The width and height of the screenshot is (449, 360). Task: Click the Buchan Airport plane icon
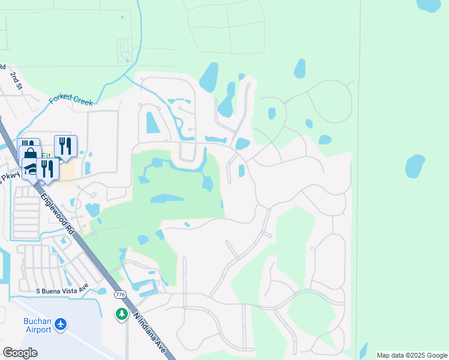(60, 325)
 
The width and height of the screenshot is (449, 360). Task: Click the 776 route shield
(121, 295)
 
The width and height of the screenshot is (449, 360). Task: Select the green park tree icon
(122, 314)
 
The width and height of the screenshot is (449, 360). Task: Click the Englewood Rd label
(58, 212)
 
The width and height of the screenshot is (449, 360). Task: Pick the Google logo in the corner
(20, 353)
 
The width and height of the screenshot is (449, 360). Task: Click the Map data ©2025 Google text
(412, 355)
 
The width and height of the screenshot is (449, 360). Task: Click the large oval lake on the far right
(415, 166)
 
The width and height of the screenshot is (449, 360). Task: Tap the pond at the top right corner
(430, 5)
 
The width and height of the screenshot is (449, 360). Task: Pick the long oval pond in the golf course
(166, 198)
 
